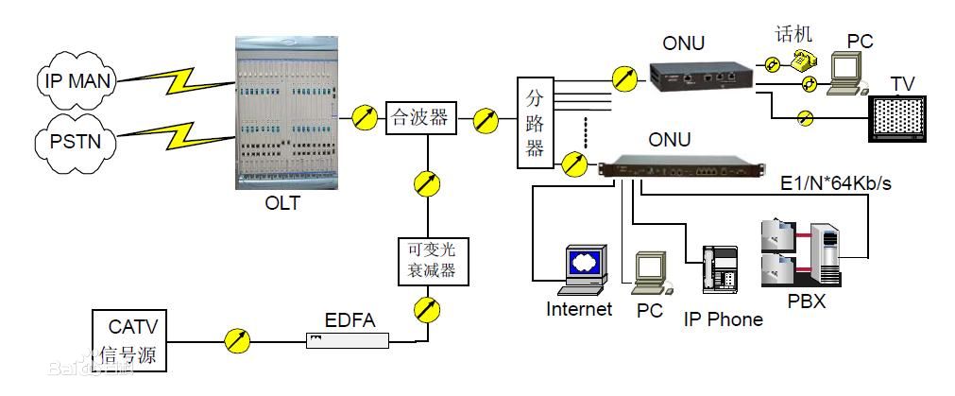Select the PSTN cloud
point(77,143)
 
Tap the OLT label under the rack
point(281,201)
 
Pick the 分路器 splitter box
point(535,122)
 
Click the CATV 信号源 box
point(131,341)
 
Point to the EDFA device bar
point(347,339)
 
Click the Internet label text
point(579,309)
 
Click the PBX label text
point(807,302)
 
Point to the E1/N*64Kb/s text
point(835,183)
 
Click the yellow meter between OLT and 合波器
point(364,118)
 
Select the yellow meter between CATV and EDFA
point(237,341)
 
